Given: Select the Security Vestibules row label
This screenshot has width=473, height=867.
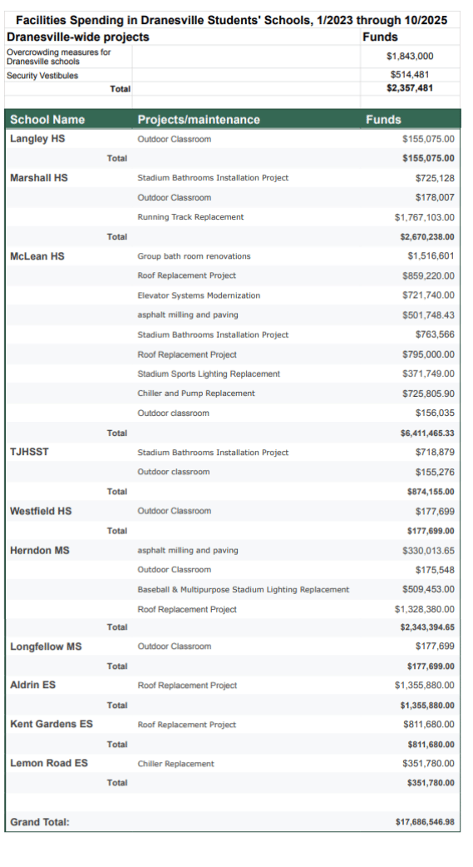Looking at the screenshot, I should tap(42, 76).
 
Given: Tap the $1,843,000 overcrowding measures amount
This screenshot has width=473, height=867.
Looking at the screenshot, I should tap(410, 56).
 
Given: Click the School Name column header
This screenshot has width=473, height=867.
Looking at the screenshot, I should tap(47, 120).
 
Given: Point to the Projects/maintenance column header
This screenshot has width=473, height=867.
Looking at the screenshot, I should tap(199, 120).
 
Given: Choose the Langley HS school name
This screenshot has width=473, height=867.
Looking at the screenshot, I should tap(37, 139).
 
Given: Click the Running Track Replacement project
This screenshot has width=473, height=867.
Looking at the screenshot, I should tap(190, 217).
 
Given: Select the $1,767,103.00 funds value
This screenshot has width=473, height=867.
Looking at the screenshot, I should tap(425, 217).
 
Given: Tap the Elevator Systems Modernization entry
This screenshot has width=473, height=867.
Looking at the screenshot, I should tap(199, 295).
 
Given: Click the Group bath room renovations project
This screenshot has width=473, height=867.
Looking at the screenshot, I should tap(194, 256).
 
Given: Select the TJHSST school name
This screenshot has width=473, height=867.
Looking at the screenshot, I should tap(29, 452).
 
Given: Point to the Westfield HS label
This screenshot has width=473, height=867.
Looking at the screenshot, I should tap(41, 511).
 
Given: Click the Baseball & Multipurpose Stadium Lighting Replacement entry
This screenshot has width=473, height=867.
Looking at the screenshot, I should tap(243, 589).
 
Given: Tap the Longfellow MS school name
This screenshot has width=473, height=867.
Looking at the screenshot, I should tap(46, 647).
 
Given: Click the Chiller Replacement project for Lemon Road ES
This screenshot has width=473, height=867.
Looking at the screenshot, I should tap(175, 763).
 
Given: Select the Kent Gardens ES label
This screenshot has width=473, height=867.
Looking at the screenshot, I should tap(52, 724).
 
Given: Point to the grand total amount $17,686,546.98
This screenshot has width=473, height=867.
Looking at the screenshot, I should tap(426, 822).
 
